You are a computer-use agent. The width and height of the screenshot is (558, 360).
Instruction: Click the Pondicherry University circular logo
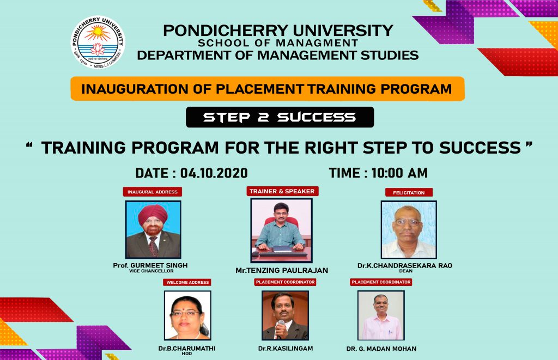pyautogui.click(x=98, y=42)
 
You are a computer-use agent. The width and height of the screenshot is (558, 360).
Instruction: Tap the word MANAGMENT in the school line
pyautogui.click(x=317, y=43)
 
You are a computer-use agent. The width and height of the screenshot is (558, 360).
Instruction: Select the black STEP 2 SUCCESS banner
pyautogui.click(x=280, y=117)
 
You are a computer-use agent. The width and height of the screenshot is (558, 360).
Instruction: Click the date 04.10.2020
pyautogui.click(x=214, y=173)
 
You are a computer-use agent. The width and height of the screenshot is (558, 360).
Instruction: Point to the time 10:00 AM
pyautogui.click(x=399, y=173)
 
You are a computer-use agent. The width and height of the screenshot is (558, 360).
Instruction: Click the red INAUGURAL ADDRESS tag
pyautogui.click(x=153, y=192)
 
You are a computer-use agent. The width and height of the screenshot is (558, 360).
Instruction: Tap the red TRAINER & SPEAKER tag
pyautogui.click(x=282, y=191)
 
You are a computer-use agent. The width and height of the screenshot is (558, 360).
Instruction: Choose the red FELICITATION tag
pyautogui.click(x=409, y=192)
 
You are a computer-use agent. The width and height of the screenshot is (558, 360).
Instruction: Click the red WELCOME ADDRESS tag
pyautogui.click(x=187, y=282)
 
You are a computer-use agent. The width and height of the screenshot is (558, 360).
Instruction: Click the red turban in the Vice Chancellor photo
pyautogui.click(x=153, y=214)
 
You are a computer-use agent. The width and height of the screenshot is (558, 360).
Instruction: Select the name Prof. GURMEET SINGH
pyautogui.click(x=150, y=265)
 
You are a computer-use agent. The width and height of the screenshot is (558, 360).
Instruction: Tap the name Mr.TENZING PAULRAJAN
pyautogui.click(x=282, y=270)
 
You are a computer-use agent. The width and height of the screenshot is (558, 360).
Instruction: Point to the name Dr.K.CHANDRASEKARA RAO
pyautogui.click(x=405, y=265)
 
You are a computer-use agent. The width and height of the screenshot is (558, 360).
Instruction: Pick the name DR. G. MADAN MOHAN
pyautogui.click(x=381, y=349)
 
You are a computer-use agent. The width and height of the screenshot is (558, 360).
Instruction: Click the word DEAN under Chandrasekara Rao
pyautogui.click(x=405, y=271)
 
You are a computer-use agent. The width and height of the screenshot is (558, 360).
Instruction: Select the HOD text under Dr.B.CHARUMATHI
pyautogui.click(x=187, y=353)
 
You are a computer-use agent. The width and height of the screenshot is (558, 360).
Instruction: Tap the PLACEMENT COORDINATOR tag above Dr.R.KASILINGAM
pyautogui.click(x=286, y=282)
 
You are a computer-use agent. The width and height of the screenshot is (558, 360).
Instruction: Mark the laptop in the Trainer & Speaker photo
pyautogui.click(x=282, y=250)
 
